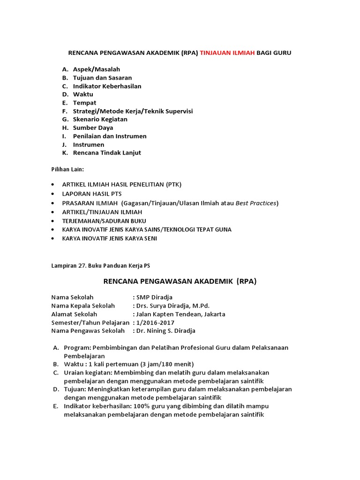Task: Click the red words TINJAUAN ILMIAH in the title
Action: coord(227,53)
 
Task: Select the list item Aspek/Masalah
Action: coord(97,69)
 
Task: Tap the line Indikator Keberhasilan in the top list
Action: coord(107,86)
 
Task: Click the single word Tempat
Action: coord(84,103)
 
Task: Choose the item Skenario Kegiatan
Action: coord(100,120)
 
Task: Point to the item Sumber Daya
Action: coord(93,127)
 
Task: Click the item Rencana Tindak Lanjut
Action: coord(107,153)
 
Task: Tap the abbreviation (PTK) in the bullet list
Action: coord(173,184)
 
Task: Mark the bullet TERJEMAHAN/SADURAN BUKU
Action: coord(104,220)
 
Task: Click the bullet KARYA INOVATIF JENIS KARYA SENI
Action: coord(110,238)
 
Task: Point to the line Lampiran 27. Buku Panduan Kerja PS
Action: coord(100,266)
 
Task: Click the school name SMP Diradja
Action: coord(153,297)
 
